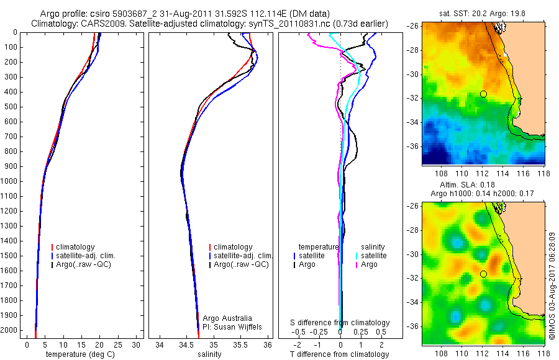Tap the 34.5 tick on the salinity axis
[x=186, y=344]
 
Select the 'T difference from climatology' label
[x=340, y=354]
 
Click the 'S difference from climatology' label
[x=340, y=323]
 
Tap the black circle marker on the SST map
[x=483, y=94]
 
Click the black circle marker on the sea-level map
[x=483, y=274]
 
